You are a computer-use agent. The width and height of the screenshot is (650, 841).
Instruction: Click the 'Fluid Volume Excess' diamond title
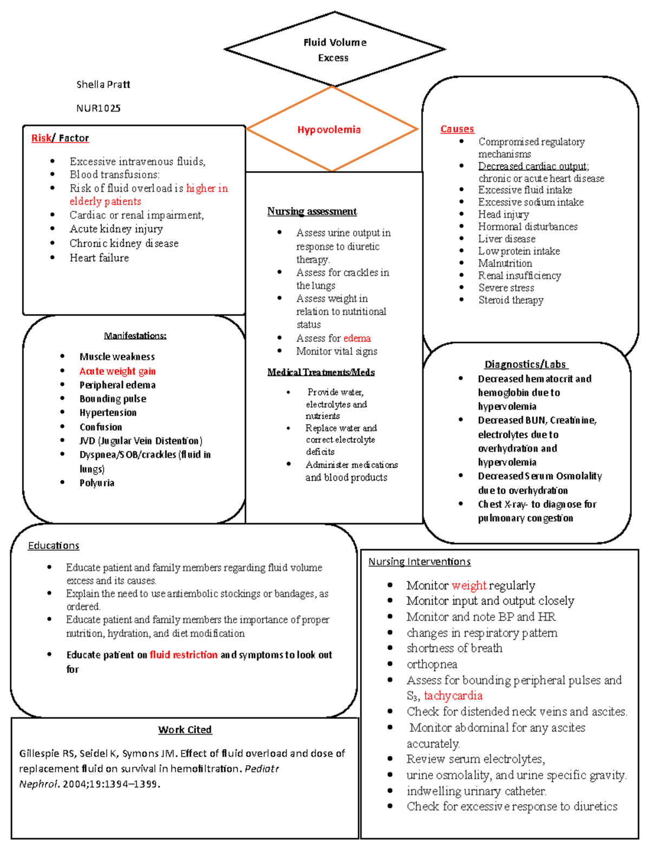click(334, 50)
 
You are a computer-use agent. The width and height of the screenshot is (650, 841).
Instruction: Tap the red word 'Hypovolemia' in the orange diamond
click(329, 129)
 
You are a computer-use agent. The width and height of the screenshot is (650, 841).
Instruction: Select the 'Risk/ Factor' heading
click(60, 138)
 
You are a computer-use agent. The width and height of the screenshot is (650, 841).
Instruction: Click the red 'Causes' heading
click(457, 129)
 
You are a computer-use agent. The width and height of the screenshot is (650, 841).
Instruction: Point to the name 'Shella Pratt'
click(103, 84)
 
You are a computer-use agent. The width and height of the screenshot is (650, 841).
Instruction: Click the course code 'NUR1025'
click(98, 108)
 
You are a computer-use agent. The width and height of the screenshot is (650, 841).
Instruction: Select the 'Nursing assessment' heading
click(312, 211)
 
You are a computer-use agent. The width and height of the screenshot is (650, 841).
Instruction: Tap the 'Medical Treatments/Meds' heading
click(321, 372)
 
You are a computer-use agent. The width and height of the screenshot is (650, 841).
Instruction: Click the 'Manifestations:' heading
click(135, 336)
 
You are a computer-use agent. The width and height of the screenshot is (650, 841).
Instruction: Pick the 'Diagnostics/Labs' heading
click(525, 364)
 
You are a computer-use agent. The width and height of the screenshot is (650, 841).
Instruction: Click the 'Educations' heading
click(54, 545)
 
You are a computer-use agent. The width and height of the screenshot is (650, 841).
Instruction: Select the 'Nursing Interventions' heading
click(419, 562)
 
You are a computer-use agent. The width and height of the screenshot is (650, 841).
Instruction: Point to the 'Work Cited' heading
click(185, 729)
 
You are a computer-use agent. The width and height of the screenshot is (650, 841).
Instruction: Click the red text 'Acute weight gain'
click(118, 371)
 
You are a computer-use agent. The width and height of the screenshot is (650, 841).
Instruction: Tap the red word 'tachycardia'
click(453, 695)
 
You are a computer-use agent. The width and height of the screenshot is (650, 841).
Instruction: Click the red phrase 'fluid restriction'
click(184, 655)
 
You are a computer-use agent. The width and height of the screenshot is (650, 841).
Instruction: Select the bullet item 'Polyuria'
click(97, 483)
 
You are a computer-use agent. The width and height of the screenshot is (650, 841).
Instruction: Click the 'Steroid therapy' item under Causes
click(511, 300)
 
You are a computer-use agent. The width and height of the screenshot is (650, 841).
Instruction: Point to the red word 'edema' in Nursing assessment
click(357, 338)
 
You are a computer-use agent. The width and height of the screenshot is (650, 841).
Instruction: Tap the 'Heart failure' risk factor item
click(99, 258)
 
